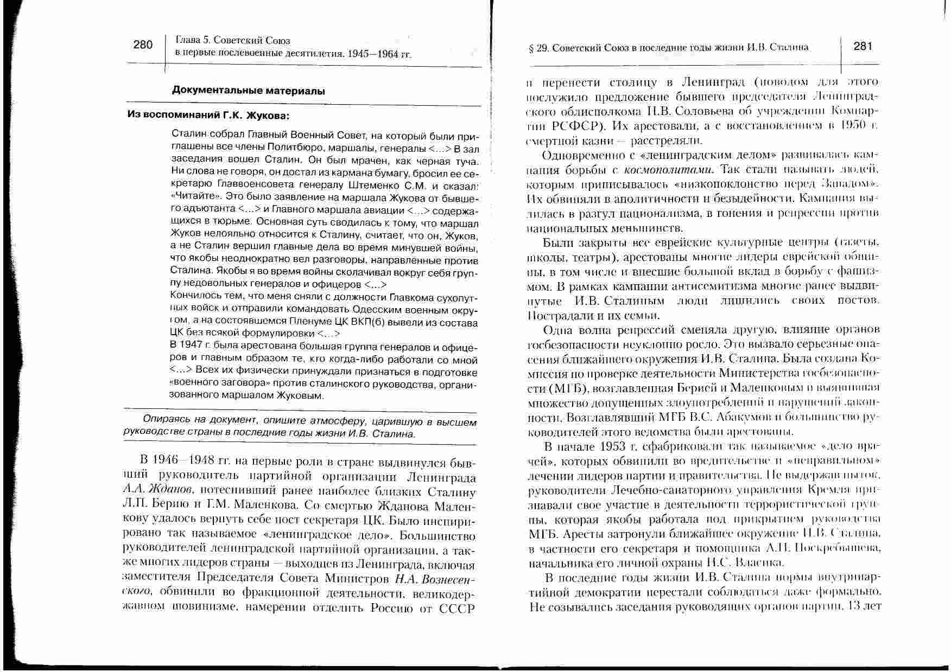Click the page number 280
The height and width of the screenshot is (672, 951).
143,44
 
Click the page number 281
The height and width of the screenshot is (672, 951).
863,46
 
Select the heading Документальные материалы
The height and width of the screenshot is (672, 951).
249,90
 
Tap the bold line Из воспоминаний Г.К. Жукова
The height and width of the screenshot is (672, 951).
208,116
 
